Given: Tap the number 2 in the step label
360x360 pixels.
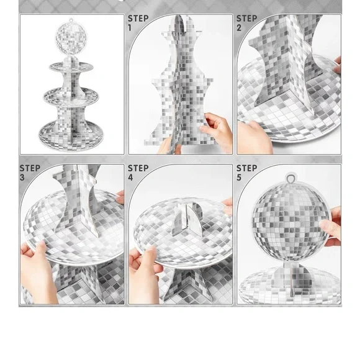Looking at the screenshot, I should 240,28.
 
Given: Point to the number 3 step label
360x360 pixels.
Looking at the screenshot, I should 22,178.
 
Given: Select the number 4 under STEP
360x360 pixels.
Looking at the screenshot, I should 131,178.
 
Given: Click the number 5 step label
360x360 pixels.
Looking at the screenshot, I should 240,178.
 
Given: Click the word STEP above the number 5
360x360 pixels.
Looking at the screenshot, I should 247,168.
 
